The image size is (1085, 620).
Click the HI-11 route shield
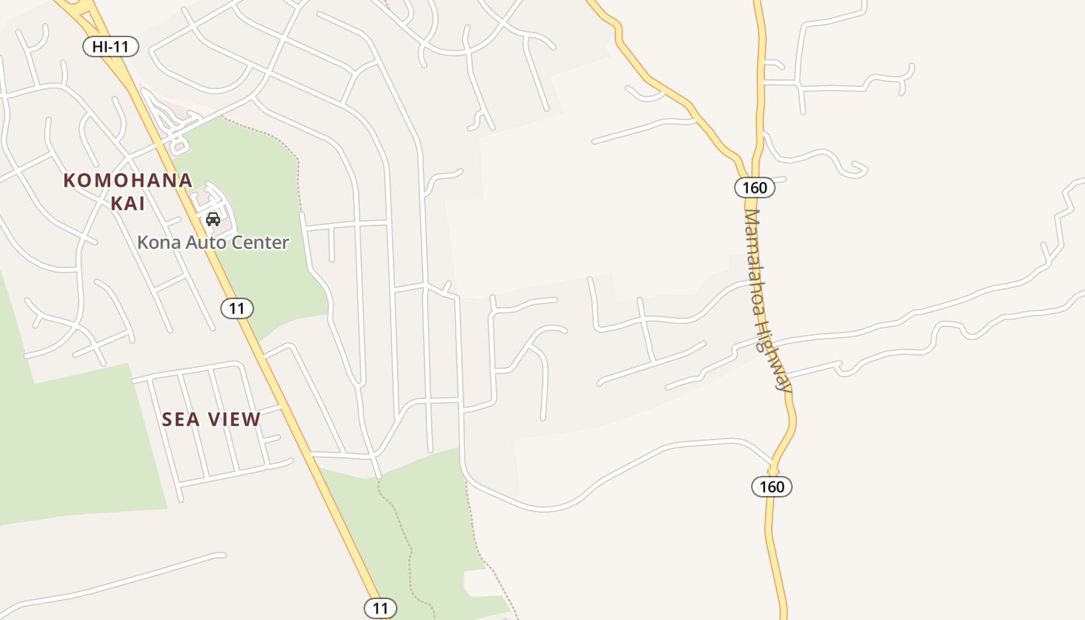pos(111,46)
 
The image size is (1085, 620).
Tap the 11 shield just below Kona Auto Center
pos(237,308)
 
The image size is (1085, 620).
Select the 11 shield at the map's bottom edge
pos(380,608)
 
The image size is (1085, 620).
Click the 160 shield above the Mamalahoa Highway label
pos(754,188)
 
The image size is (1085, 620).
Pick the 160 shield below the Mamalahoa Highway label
pos(772,487)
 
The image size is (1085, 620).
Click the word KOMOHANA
pos(128,181)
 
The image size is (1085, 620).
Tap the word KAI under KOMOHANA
pos(128,203)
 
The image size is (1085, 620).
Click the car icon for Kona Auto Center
pos(213,219)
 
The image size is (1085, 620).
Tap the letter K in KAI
pos(114,203)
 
